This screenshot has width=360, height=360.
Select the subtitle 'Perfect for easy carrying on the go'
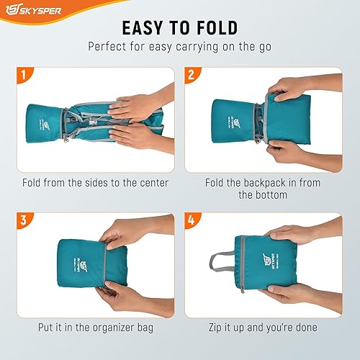pos(180,46)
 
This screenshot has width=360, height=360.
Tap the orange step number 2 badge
pos(191,75)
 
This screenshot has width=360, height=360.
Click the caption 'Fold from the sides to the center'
pos(95,183)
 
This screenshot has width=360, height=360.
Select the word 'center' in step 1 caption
pos(153,183)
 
